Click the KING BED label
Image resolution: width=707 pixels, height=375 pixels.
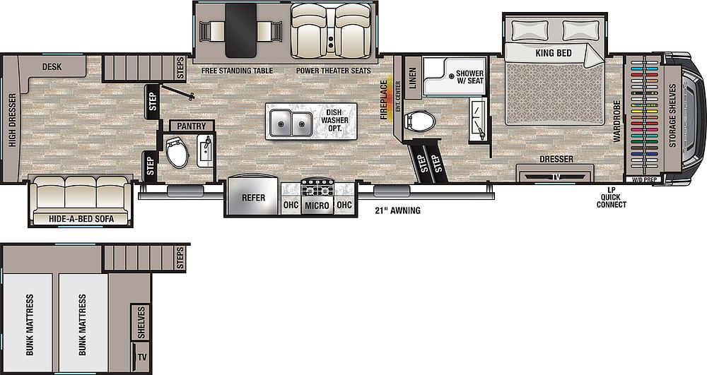coord(554,53)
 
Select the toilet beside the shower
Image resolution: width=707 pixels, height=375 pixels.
coord(420,121)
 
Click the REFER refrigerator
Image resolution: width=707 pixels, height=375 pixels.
coord(253,197)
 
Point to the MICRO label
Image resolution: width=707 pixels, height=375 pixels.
coord(317,206)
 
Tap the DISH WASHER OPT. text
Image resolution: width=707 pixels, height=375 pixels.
coord(334,120)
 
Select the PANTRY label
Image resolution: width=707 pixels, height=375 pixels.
coord(191,126)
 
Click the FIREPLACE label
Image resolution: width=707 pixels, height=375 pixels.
coord(384,100)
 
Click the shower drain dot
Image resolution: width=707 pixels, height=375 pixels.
coord(450,76)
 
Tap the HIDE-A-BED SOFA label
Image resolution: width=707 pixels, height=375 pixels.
coord(81,219)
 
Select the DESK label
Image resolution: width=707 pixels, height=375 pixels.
coord(52,67)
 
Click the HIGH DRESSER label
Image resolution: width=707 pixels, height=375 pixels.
coord(12,120)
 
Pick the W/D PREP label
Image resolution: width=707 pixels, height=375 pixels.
coord(643,179)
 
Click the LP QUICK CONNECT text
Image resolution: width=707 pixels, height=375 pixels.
coord(612,197)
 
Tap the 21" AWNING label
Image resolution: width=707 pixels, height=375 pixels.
coord(398,210)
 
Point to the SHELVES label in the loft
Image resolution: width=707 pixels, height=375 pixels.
coord(141,322)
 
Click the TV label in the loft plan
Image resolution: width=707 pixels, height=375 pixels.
coord(142,358)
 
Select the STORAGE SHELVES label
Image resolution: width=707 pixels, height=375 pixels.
coord(673,116)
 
